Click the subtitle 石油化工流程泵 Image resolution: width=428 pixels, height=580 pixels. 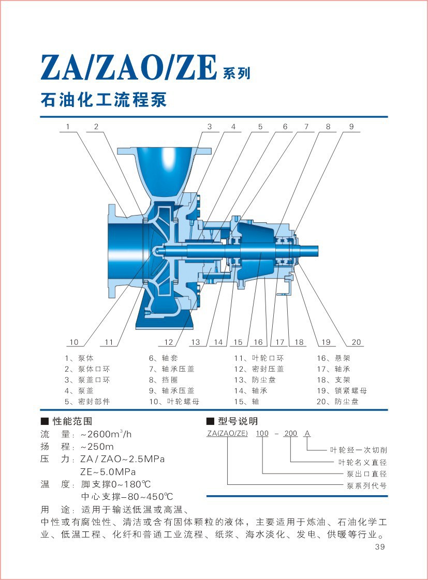(x=104, y=100)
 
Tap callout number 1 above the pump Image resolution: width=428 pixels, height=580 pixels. (x=68, y=126)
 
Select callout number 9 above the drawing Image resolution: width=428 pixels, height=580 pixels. (x=351, y=126)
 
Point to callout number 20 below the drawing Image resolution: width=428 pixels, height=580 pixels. (x=356, y=342)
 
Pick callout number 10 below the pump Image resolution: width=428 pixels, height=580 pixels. (x=74, y=342)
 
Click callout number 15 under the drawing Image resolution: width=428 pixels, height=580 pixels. (x=238, y=342)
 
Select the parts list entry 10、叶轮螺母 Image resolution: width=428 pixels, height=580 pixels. (x=174, y=402)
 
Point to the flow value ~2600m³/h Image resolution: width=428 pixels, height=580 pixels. (x=106, y=434)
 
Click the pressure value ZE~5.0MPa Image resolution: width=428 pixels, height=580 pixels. (x=108, y=471)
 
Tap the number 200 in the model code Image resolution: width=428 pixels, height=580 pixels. (x=291, y=433)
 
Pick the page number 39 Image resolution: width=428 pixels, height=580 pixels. (x=380, y=548)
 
